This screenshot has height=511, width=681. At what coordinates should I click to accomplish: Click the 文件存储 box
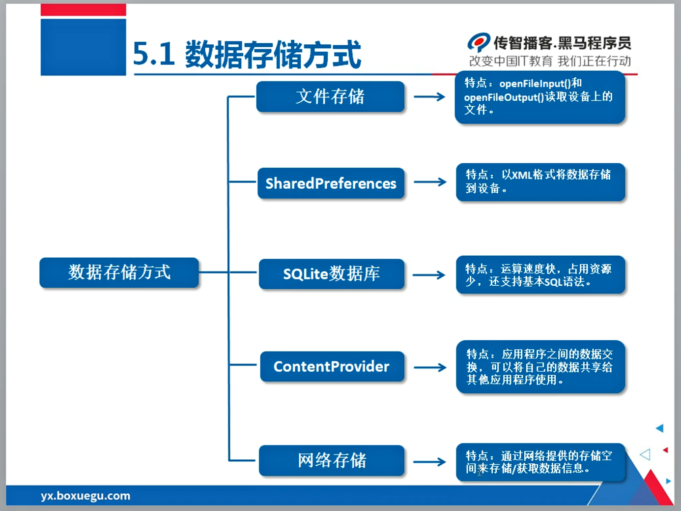[330, 97]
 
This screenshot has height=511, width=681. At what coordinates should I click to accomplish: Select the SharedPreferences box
[331, 183]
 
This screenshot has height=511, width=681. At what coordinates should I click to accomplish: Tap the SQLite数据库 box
[332, 274]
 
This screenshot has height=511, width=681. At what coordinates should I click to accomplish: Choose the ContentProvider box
[332, 366]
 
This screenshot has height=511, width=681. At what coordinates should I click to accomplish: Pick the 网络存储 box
[332, 460]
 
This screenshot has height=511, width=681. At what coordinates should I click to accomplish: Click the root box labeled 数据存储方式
[119, 272]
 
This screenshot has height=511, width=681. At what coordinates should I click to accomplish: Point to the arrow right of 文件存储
[429, 97]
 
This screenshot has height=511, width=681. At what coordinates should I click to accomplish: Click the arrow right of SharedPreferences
[430, 182]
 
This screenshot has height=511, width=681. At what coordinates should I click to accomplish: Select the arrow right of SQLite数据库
[429, 275]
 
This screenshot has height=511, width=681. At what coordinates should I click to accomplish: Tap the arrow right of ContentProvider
[430, 367]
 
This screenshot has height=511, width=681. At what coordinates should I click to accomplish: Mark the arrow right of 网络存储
[429, 462]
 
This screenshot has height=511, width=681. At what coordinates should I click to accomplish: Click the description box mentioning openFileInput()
[539, 97]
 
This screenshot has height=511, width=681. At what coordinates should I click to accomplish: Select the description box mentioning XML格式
[540, 182]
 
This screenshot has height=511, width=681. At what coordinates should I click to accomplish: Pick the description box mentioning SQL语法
[540, 275]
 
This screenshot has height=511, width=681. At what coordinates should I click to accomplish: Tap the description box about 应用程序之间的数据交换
[540, 367]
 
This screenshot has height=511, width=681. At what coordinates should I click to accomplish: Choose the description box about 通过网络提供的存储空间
[540, 462]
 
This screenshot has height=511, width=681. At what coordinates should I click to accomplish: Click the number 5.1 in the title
[154, 54]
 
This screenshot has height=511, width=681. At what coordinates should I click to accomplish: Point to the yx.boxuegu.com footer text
[85, 496]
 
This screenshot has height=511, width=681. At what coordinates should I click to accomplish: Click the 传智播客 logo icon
[478, 42]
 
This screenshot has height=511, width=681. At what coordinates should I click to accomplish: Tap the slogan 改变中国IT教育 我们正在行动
[550, 61]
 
